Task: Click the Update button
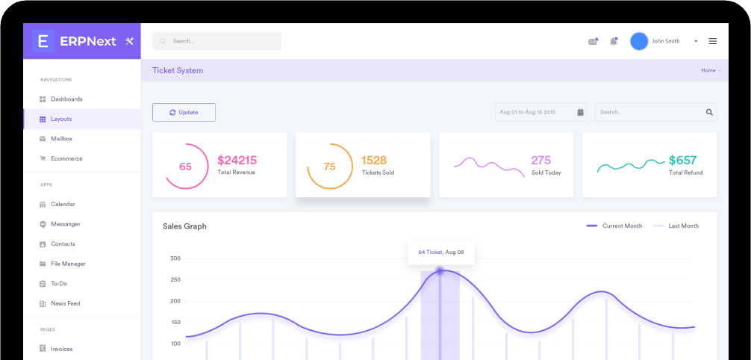coord(184,112)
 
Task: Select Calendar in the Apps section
coord(63,204)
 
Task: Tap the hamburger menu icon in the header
coord(712,41)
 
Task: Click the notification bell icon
coord(614,41)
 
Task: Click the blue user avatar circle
coord(639,41)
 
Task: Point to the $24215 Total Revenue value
coord(237,160)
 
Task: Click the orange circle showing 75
coord(329,167)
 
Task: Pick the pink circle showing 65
coord(186,167)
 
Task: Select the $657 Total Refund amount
coord(682,160)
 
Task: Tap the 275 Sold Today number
coord(540,160)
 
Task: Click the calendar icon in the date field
coord(580,112)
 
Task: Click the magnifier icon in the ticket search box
coord(708,112)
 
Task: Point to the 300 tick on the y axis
coord(175,258)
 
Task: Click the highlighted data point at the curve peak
coord(440,271)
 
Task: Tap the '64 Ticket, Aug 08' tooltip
coord(440,252)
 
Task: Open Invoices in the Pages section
coord(61,349)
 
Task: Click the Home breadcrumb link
coord(708,70)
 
